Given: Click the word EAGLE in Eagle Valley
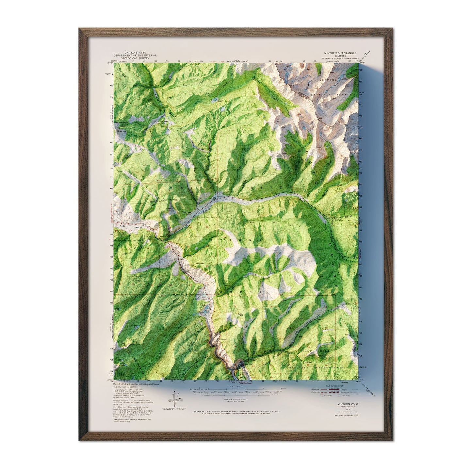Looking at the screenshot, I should tap(123, 226).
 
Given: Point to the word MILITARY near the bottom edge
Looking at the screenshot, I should tap(299, 367).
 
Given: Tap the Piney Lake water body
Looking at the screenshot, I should tap(215, 98).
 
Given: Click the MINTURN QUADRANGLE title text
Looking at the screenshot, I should tap(340, 53).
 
